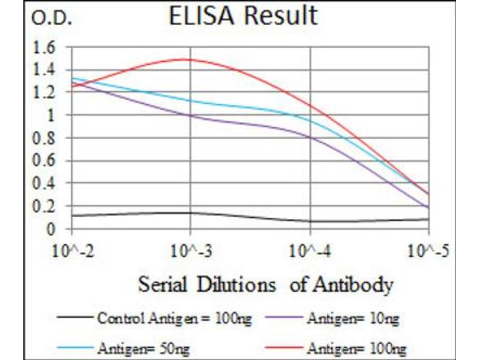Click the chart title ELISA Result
click(242, 16)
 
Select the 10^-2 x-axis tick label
click(71, 249)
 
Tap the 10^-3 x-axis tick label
click(190, 249)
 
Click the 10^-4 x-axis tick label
click(310, 249)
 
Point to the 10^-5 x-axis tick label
click(428, 249)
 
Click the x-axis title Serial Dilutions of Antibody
click(266, 284)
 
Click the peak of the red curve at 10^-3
click(190, 59)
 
